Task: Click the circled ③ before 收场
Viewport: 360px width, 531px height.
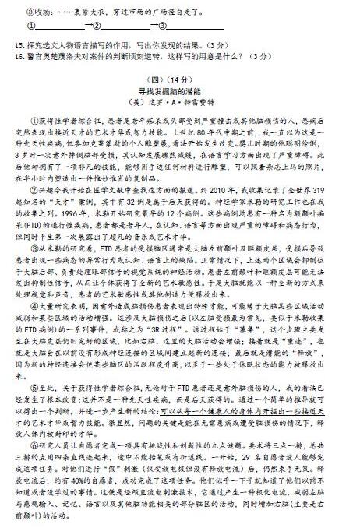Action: [19, 12]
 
